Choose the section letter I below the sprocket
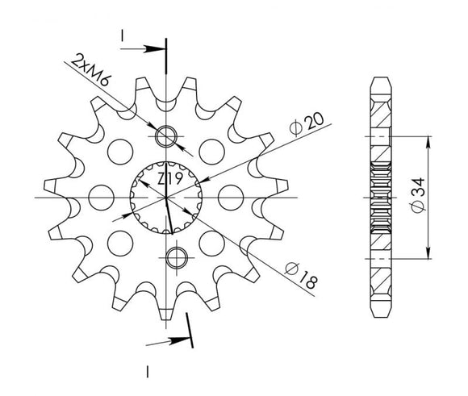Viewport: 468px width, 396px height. (x=148, y=372)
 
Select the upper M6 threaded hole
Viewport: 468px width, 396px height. (x=169, y=136)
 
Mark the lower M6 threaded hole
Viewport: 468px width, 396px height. (x=173, y=257)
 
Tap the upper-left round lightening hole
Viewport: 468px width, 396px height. (x=123, y=148)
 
